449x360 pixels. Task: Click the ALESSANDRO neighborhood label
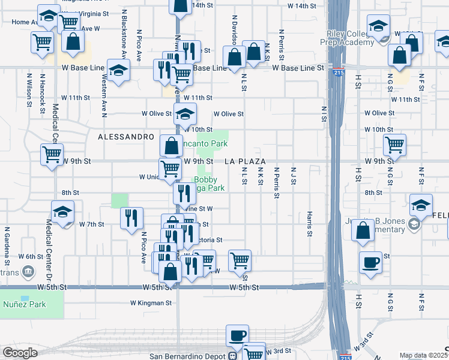[126, 137]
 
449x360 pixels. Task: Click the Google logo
[19, 353]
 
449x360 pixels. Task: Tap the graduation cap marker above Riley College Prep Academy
[378, 26]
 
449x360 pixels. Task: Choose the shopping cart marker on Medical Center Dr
[52, 154]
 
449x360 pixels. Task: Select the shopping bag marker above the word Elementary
[363, 230]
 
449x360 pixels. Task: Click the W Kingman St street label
[151, 303]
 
